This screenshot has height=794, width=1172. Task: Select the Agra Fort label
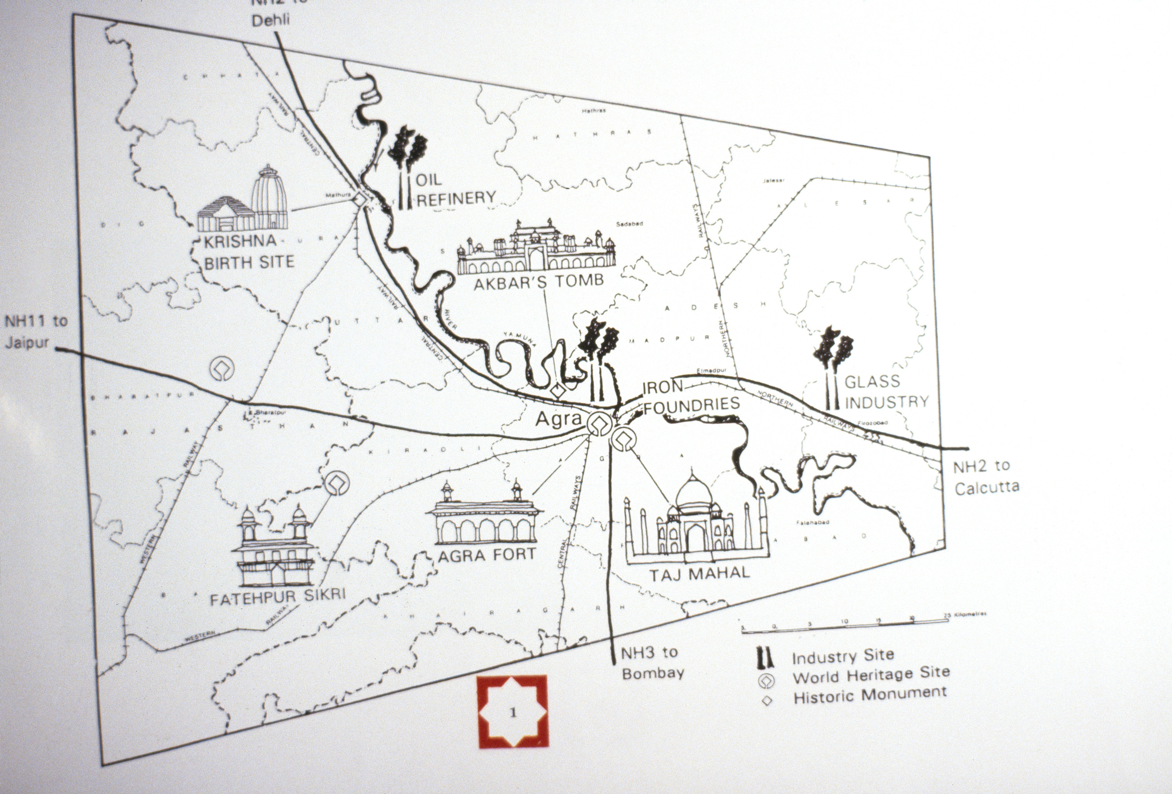point(487,555)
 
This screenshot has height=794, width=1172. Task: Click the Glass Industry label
point(886,391)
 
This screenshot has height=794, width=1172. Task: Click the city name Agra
point(558,419)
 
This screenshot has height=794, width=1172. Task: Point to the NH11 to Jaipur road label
point(35,332)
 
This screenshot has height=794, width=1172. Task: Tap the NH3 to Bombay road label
point(652,662)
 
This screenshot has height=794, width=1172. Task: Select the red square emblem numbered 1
point(513,711)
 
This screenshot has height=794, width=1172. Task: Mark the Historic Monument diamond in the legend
point(766,701)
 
